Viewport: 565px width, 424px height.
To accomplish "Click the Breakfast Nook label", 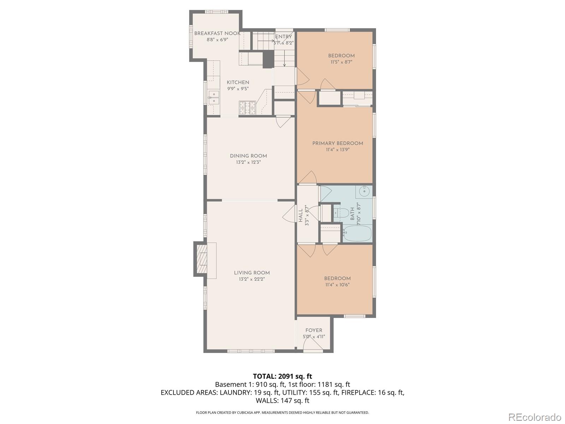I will (x=217, y=34).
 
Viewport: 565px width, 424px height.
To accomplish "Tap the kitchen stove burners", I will (x=247, y=108).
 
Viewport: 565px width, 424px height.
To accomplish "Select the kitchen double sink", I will (x=214, y=98).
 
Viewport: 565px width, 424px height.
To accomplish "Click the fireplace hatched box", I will (x=202, y=259).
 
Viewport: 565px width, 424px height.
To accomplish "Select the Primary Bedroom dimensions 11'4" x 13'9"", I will (x=338, y=150).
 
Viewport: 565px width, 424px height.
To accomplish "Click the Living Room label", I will (x=252, y=273).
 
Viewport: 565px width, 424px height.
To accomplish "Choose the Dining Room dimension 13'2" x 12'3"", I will (x=248, y=163).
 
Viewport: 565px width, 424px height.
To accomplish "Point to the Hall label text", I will (x=301, y=216).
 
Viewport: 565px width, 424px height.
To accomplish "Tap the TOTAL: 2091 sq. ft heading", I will (x=282, y=376).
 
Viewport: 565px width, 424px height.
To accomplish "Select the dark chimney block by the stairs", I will (x=268, y=59).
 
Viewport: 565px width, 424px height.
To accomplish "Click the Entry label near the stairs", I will (x=284, y=37).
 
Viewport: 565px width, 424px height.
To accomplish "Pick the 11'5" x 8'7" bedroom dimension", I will (x=341, y=62).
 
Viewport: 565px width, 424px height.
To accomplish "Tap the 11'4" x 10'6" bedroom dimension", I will (x=337, y=285).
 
